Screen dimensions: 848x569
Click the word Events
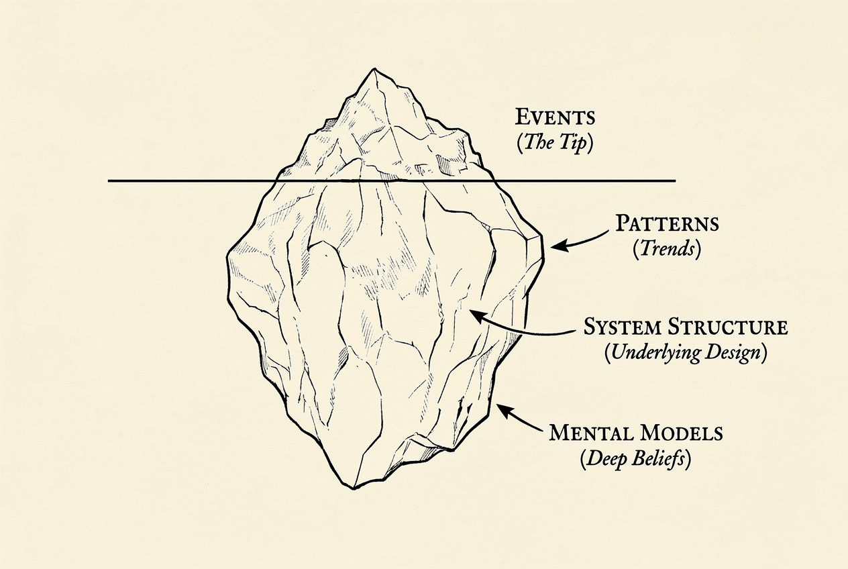pos(555,117)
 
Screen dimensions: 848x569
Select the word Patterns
pos(667,223)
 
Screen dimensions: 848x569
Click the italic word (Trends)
pos(667,250)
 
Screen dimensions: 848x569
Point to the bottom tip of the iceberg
pos(352,486)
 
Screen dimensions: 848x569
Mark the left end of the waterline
pos(109,180)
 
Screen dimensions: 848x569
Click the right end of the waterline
pos(674,180)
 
